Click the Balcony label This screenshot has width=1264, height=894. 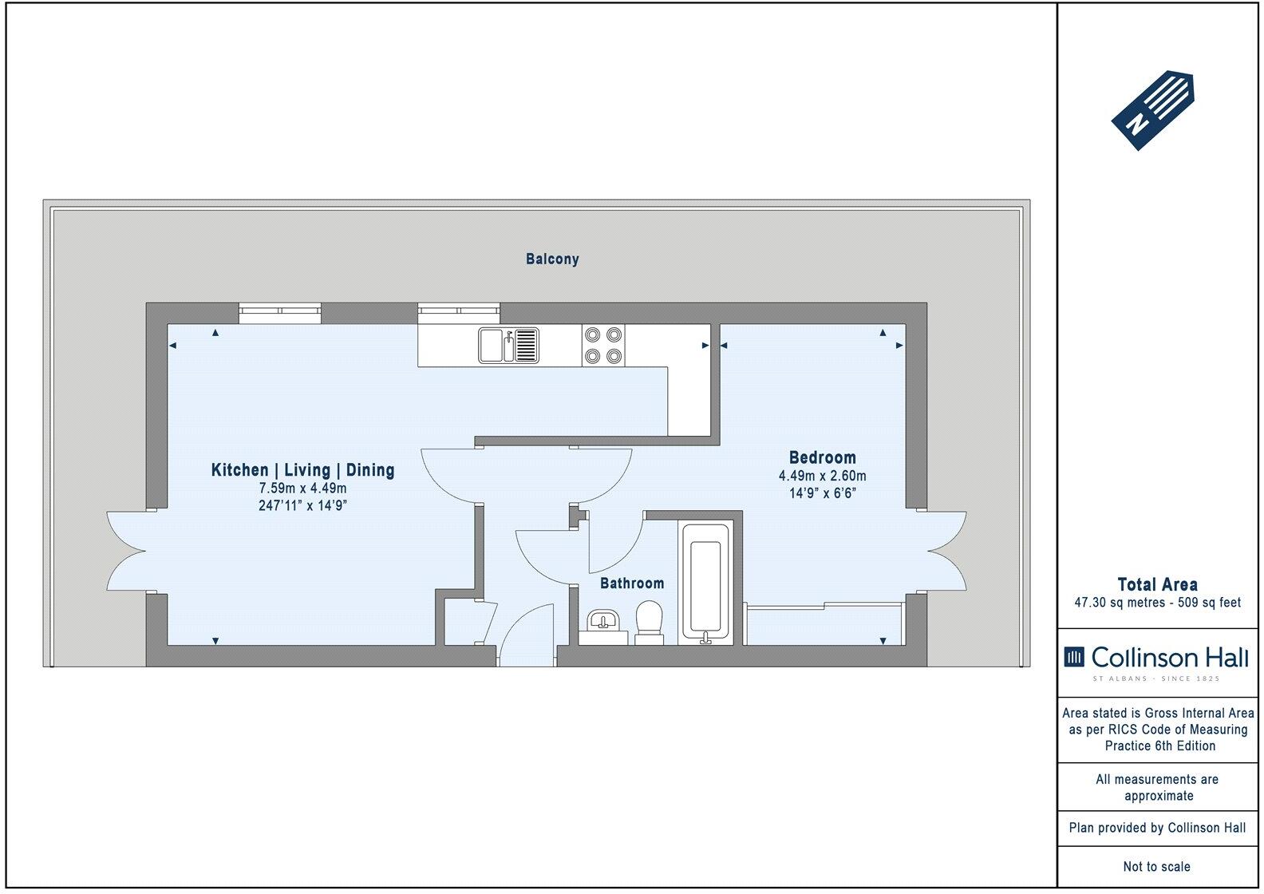click(x=552, y=259)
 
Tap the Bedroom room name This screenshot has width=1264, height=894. click(x=822, y=458)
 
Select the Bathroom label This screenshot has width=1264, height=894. click(x=632, y=583)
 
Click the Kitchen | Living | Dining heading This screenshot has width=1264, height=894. click(x=302, y=470)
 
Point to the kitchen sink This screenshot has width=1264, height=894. click(x=509, y=346)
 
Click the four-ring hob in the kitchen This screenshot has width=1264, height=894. click(x=602, y=346)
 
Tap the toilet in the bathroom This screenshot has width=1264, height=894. click(x=650, y=623)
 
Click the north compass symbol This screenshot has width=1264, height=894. click(x=1152, y=110)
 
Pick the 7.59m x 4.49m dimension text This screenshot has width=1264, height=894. click(x=302, y=489)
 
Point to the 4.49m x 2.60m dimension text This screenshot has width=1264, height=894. click(x=822, y=477)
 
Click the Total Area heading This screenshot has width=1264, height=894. click(x=1157, y=584)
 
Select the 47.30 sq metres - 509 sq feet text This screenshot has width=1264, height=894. click(x=1157, y=603)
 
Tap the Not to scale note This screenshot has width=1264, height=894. click(x=1157, y=866)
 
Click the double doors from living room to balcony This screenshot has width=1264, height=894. click(x=128, y=551)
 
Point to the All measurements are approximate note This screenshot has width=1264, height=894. click(x=1157, y=787)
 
